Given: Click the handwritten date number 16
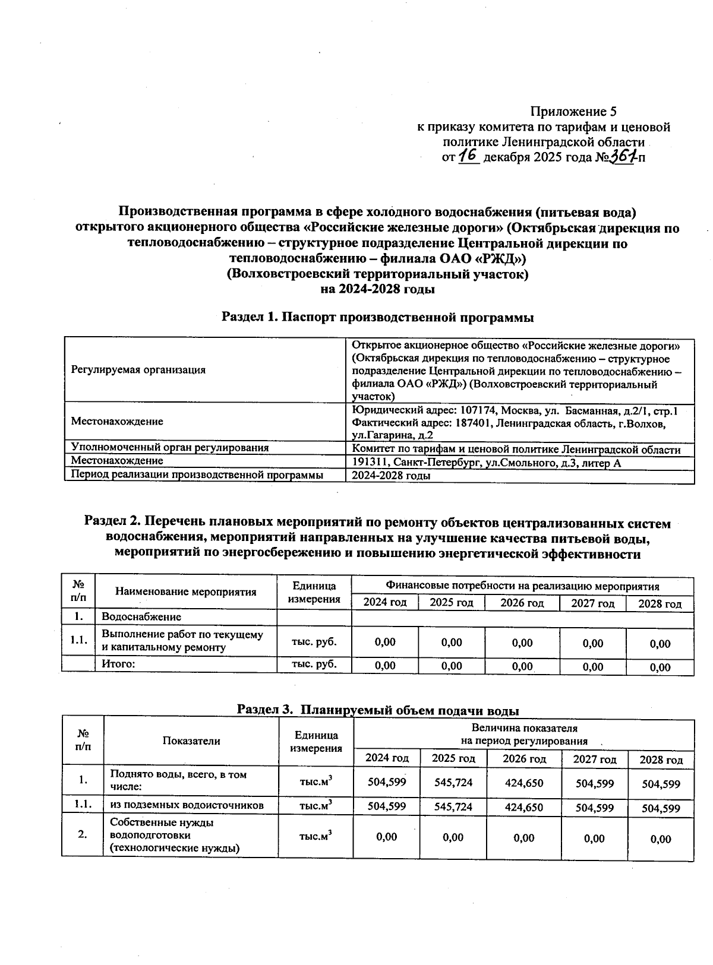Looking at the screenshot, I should coord(469,156).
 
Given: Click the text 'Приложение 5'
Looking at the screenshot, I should coord(573,112).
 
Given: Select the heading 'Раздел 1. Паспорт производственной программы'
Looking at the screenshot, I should coord(377,317).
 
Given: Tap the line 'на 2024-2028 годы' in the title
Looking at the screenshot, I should coord(377,289).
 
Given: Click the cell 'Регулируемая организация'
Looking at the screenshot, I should coord(138,370).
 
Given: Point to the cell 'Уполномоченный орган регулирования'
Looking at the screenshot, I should coord(170,448).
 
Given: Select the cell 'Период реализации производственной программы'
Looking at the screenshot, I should coord(197,475).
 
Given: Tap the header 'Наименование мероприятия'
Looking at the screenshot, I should coord(185,591).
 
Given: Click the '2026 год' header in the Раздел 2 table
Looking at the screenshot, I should coord(522,603).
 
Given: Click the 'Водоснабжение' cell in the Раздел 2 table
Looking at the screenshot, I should coord(141,617).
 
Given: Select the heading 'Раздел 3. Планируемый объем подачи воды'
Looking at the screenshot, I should coord(378,710).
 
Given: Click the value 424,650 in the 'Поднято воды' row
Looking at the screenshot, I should coord(523,783).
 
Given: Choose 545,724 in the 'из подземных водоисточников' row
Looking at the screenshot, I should coord(453,806).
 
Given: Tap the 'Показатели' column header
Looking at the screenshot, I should coord(191,741).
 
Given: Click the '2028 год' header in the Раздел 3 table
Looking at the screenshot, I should coord(661,760).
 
